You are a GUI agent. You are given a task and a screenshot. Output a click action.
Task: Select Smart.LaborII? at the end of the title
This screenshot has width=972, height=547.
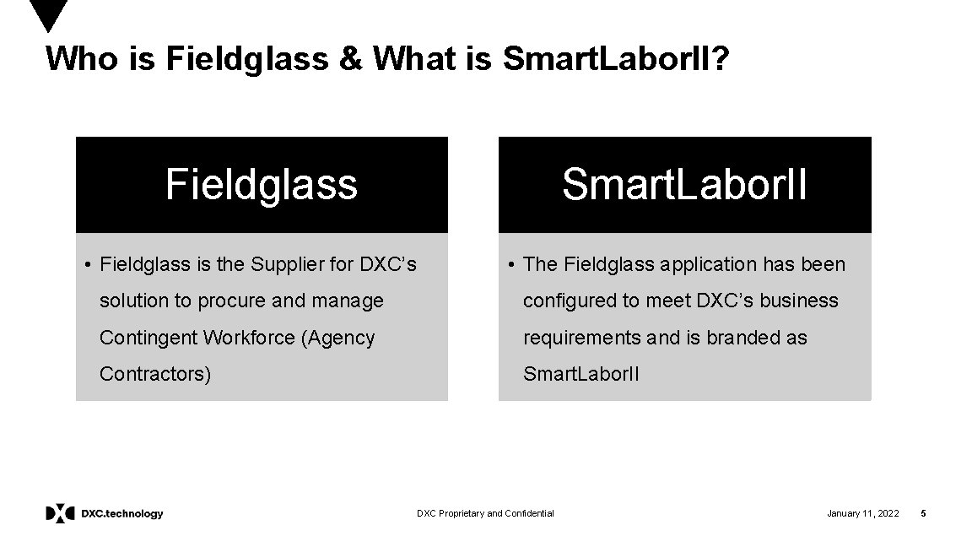click(x=613, y=58)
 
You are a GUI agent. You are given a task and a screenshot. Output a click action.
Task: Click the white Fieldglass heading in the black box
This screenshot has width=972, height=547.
click(x=262, y=184)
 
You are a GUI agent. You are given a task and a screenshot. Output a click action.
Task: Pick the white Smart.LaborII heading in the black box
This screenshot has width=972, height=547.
click(x=684, y=184)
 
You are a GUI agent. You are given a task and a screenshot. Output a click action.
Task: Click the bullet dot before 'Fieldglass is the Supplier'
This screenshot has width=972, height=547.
click(x=88, y=265)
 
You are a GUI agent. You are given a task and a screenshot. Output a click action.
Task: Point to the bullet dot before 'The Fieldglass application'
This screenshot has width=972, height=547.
click(x=511, y=265)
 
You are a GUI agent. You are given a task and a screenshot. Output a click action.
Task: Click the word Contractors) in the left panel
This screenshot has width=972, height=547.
click(x=155, y=374)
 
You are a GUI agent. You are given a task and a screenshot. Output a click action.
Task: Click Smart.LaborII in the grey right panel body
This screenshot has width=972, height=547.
click(x=581, y=374)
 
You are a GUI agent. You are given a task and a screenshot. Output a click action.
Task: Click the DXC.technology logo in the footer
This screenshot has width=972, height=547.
click(x=105, y=513)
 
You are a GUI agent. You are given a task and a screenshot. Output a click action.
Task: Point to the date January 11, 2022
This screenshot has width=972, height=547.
click(x=862, y=513)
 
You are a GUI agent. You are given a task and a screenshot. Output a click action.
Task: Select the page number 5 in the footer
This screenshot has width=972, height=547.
click(x=923, y=513)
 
